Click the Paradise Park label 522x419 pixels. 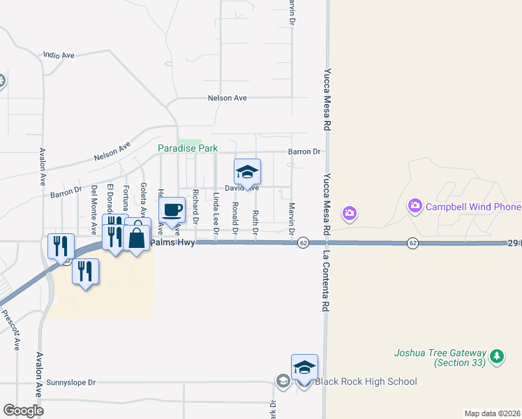(188, 148)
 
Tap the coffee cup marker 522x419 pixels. (172, 209)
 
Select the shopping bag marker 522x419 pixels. (137, 238)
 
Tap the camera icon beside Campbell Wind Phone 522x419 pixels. (416, 205)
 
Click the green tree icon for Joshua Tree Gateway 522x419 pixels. (497, 356)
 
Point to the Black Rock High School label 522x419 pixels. (366, 381)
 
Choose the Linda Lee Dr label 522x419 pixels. (216, 212)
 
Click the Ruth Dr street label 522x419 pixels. (255, 221)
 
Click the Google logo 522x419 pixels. (24, 411)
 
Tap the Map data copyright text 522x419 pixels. (491, 413)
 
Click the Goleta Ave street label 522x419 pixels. (144, 198)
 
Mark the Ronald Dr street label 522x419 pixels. (236, 218)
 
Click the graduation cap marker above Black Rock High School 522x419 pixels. (304, 367)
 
